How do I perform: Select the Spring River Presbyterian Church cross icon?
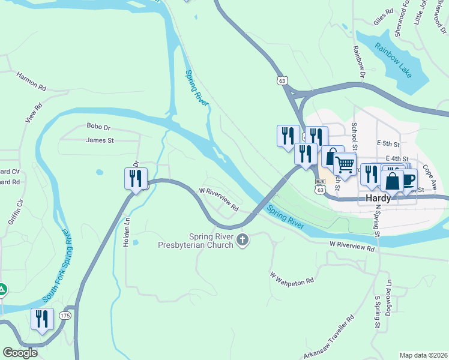point(243,241)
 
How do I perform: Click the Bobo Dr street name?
point(99,127)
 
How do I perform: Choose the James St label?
point(100,140)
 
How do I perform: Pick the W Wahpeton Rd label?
point(292,278)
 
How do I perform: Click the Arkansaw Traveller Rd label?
point(328,339)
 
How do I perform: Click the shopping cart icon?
point(344,164)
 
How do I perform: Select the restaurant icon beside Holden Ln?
point(135,178)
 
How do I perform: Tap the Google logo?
point(20,353)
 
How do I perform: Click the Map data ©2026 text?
point(423,355)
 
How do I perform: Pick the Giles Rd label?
point(383,17)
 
